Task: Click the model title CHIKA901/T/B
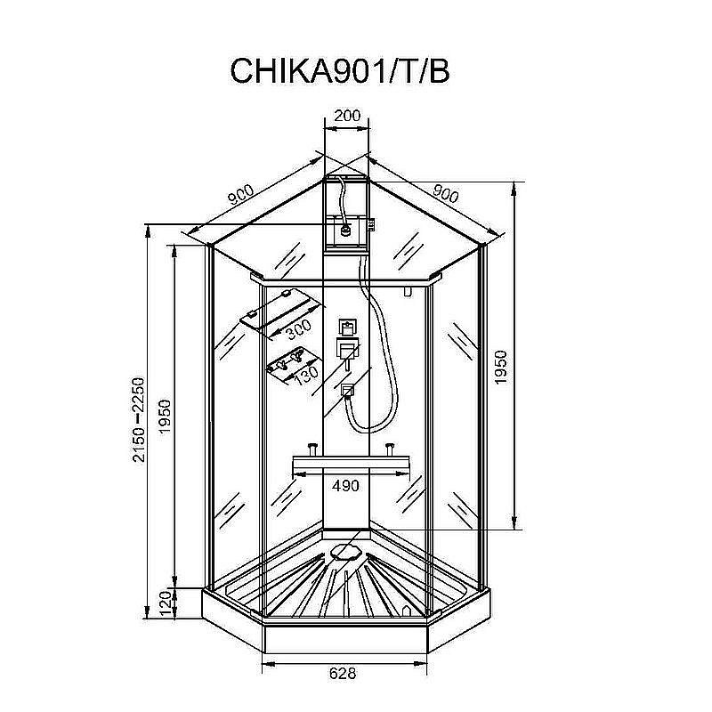click(339, 70)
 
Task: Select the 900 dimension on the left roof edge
click(239, 194)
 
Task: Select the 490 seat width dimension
click(345, 485)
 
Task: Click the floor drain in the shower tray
click(345, 551)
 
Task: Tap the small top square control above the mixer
click(346, 325)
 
